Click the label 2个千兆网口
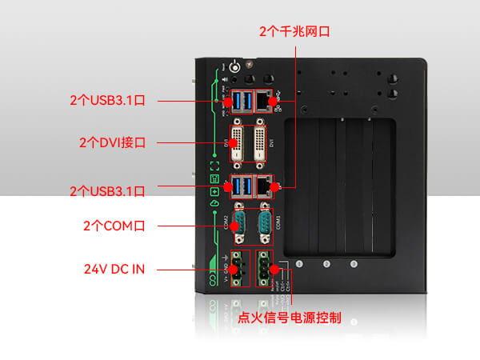(x=294, y=31)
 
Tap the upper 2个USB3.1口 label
(x=106, y=101)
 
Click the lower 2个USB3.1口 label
(x=106, y=191)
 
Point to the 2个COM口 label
(x=114, y=226)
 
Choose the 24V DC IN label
(x=114, y=269)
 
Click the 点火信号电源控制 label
(x=290, y=318)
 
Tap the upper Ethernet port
(x=264, y=100)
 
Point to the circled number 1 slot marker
(x=300, y=263)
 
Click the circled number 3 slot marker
(x=353, y=263)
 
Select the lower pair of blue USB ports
(x=241, y=187)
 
